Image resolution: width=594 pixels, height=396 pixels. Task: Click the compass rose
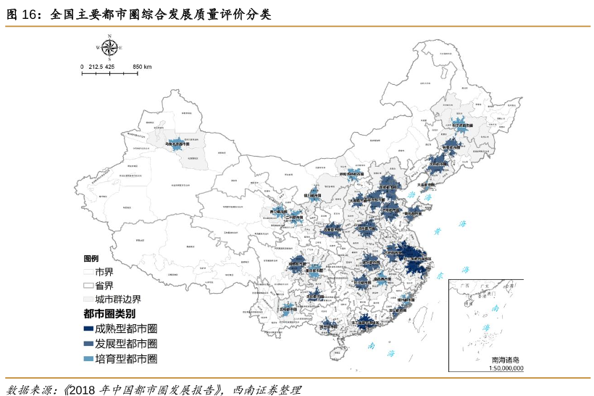click(110, 47)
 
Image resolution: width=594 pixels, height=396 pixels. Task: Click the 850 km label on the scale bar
click(142, 67)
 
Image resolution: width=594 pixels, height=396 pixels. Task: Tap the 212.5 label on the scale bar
click(97, 67)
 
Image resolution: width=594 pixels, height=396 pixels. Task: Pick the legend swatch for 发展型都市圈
click(89, 344)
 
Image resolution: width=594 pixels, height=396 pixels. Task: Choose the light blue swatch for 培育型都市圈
click(89, 358)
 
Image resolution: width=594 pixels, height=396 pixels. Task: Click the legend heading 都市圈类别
click(109, 314)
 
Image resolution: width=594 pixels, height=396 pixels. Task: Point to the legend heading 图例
click(91, 259)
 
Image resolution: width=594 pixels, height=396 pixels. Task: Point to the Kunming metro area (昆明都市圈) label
click(288, 309)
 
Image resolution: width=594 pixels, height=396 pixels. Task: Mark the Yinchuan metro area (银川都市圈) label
click(311, 195)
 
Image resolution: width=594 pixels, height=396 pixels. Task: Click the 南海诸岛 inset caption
click(505, 360)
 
